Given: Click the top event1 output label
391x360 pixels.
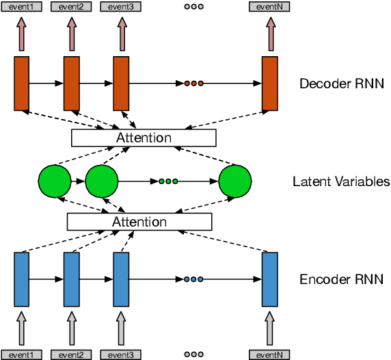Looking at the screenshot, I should click(x=21, y=6).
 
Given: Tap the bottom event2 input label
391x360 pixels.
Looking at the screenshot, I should click(x=70, y=355).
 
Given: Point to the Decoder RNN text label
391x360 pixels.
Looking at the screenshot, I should click(x=342, y=84).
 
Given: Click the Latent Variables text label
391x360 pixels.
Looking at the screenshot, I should click(x=341, y=181).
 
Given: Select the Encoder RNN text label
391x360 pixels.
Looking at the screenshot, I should click(x=342, y=279).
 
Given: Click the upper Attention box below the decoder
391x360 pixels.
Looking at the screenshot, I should click(x=144, y=138).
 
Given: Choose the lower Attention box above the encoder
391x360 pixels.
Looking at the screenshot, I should click(x=139, y=222).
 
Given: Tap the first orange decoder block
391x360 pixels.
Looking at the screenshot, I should click(x=22, y=83).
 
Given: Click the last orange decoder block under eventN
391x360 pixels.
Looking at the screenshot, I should click(x=270, y=83).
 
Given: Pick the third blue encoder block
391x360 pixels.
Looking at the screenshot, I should click(x=121, y=279).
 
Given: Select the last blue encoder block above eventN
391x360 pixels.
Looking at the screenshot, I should click(x=270, y=279).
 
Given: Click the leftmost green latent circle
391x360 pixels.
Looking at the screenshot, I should click(x=55, y=181).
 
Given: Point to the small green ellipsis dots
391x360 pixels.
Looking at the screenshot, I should click(x=168, y=181).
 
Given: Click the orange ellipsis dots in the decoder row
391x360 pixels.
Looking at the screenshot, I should click(x=193, y=83).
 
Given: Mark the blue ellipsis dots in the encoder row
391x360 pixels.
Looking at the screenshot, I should click(x=193, y=279).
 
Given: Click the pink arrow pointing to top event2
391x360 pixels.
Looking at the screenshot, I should click(x=72, y=32).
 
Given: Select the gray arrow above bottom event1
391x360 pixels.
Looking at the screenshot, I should click(x=22, y=329).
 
